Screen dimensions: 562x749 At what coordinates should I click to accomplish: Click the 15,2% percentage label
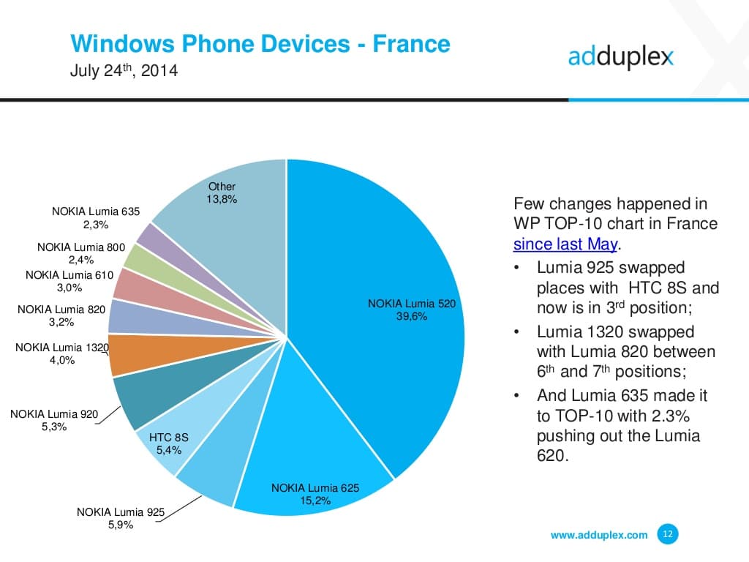315,501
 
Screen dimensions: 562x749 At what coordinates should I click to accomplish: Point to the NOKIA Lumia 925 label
121,512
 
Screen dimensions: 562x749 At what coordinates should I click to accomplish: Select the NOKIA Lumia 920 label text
53,414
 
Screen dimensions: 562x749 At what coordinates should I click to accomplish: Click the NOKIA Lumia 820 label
61,309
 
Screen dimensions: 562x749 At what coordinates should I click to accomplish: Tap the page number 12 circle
668,534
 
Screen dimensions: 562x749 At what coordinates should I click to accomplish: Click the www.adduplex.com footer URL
598,535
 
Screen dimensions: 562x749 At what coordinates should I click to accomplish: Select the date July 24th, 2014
124,72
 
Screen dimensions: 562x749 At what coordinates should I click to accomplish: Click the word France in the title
411,44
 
